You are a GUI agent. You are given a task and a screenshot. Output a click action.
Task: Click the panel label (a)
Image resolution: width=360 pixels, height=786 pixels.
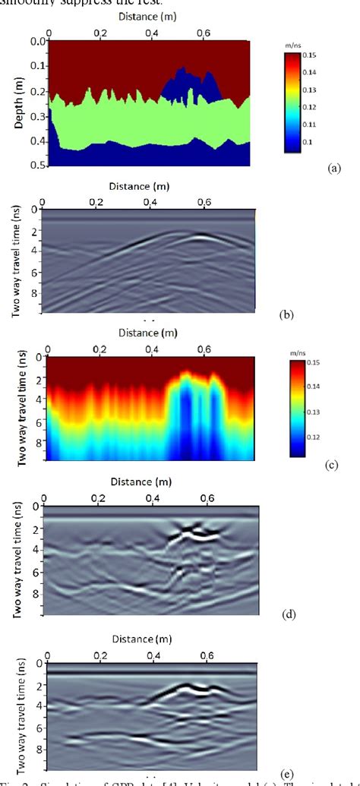[x=333, y=169]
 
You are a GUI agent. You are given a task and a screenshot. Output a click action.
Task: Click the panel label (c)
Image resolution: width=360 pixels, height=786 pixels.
[x=330, y=466]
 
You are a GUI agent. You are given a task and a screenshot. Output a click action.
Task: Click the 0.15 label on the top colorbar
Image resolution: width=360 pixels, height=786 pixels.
[x=309, y=56]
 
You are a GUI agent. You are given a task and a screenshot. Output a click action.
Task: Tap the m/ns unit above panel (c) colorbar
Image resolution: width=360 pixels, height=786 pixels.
[x=297, y=353]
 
